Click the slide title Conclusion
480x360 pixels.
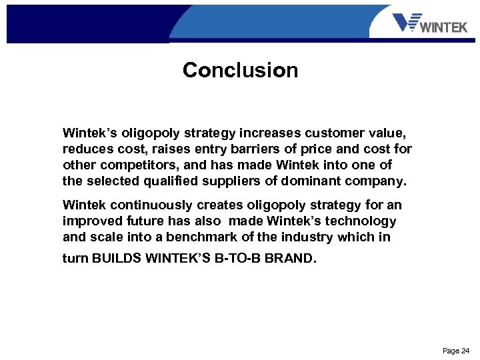[240, 70]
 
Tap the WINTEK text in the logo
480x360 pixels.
[445, 27]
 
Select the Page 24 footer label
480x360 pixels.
[456, 351]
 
